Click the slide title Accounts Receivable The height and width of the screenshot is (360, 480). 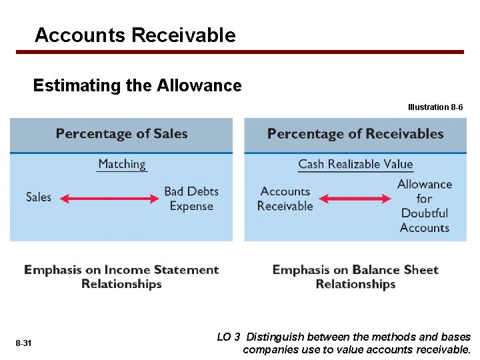135,35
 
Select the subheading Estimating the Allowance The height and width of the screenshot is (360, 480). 137,86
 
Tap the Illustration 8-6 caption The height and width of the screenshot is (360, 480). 435,107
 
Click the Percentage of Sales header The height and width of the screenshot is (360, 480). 122,134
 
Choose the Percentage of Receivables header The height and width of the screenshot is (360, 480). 355,134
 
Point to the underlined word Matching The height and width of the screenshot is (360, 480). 121,164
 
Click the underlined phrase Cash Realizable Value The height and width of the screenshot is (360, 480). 355,164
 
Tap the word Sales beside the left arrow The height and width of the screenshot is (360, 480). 39,197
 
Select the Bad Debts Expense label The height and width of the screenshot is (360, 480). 191,199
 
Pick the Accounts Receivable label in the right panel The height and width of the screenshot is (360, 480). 285,199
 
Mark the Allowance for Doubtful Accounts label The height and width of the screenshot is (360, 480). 425,206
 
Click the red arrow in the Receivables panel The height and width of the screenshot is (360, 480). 355,199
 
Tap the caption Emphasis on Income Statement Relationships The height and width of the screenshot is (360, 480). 121,277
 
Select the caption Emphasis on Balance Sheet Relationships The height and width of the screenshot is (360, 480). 355,277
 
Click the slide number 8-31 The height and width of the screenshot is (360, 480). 23,343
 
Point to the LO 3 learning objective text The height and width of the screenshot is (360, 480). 344,343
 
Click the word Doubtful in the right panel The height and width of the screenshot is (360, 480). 425,213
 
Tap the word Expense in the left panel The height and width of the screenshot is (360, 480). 191,206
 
